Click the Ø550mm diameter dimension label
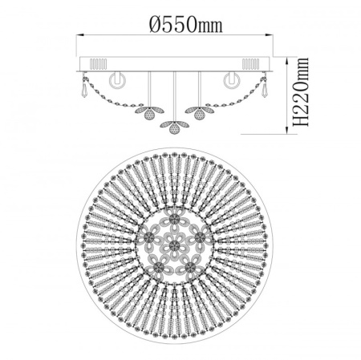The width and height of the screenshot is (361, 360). click(186, 25)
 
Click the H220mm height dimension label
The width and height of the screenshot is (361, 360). click(301, 91)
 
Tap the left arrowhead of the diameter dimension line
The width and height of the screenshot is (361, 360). click(80, 34)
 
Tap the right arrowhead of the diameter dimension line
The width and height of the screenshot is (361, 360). click(270, 34)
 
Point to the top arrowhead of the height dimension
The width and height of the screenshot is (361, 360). click(287, 61)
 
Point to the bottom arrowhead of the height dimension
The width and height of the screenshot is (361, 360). click(287, 130)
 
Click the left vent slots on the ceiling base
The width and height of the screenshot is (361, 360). click(98, 64)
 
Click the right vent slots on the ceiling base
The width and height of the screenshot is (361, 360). click(250, 64)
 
